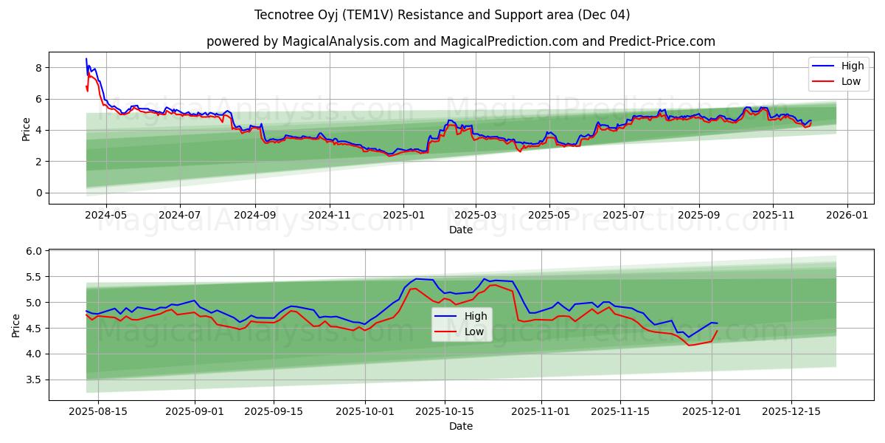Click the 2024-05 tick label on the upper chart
pos(106,215)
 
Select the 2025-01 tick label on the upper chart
pos(403,215)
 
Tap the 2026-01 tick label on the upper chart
pos(847,215)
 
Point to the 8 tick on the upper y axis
pos(38,68)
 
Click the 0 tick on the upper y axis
pos(38,193)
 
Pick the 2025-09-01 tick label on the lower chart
pos(195,411)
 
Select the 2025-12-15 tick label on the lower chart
pos(791,411)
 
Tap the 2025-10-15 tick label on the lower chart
pos(444,411)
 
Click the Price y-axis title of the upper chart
pos(27,130)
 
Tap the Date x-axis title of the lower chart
pos(461,426)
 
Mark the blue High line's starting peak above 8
pos(86,59)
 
